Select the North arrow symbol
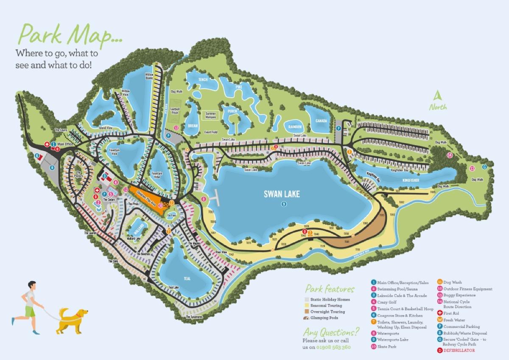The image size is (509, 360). pyautogui.click(x=437, y=96)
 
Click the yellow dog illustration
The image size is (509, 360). pyautogui.click(x=73, y=321)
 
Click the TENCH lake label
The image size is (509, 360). pyautogui.click(x=203, y=79)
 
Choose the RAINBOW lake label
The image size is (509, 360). pyautogui.click(x=295, y=127)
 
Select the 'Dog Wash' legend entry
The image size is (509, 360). pyautogui.click(x=453, y=282)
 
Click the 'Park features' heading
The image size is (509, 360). pyautogui.click(x=330, y=290)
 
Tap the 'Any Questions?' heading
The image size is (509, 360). pyautogui.click(x=331, y=332)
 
